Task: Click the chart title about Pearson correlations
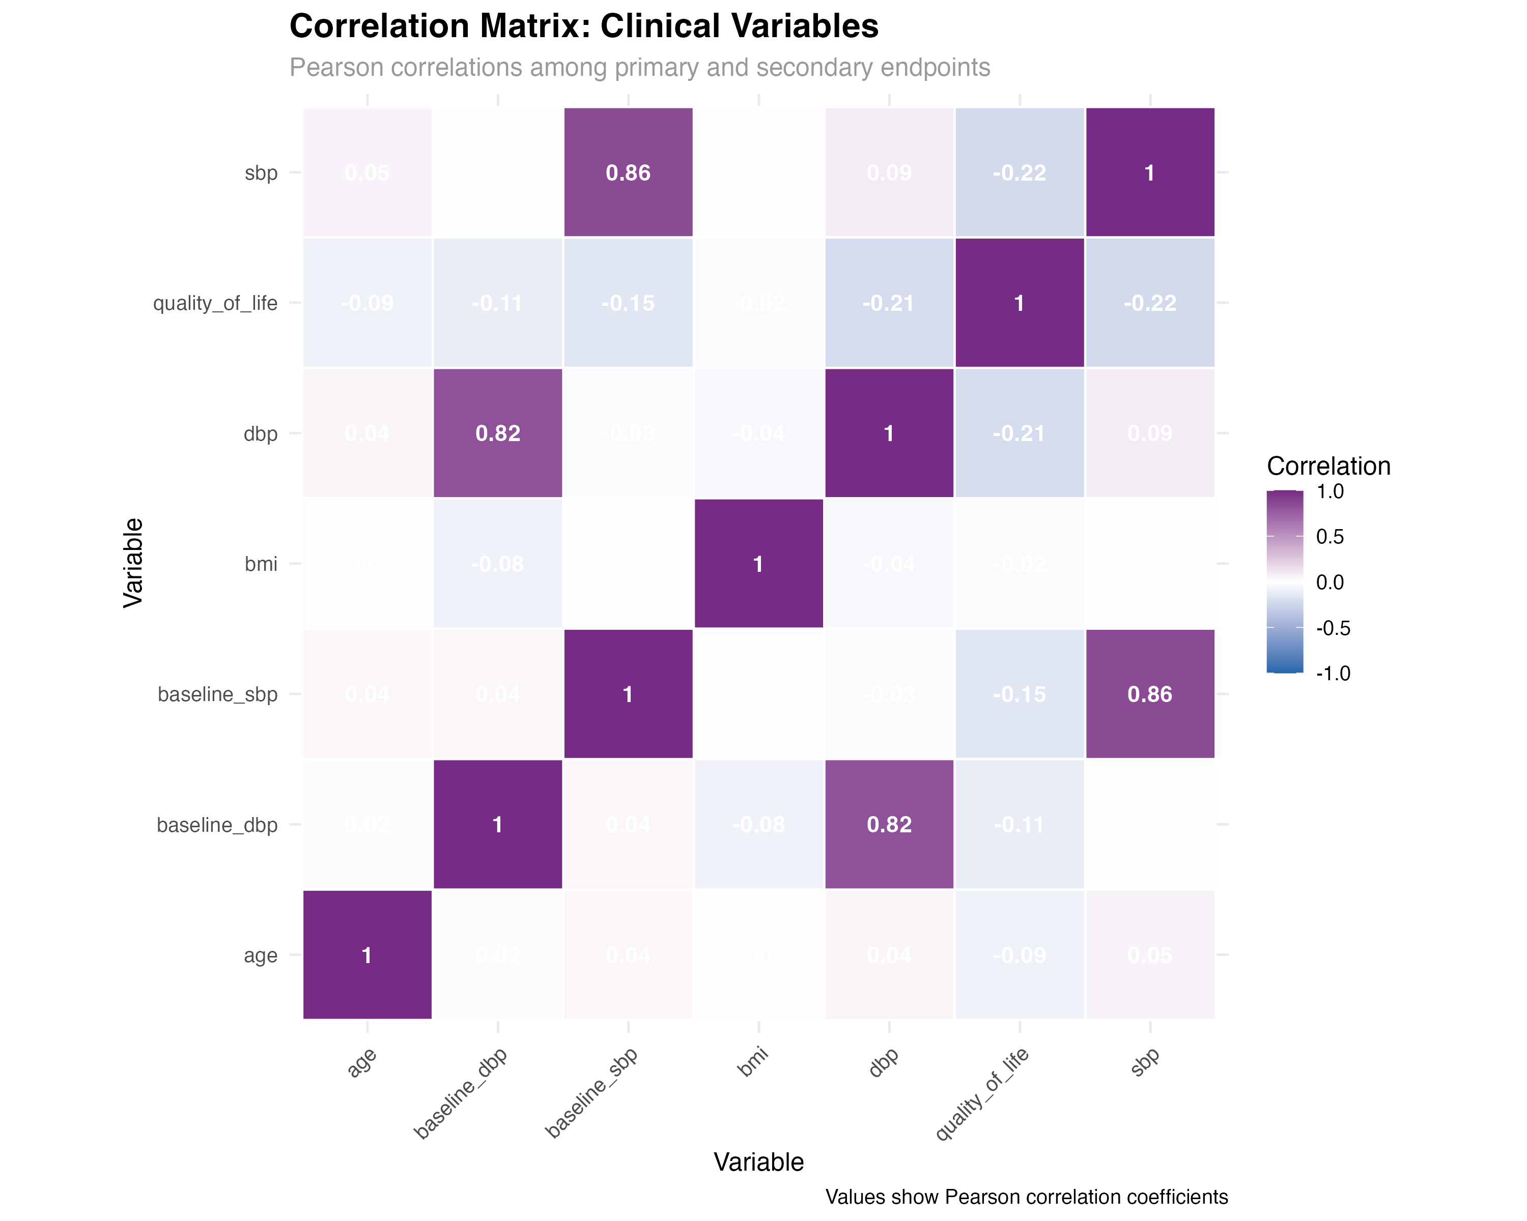(x=639, y=68)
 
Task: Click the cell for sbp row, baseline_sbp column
(x=628, y=172)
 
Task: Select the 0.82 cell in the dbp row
(x=498, y=432)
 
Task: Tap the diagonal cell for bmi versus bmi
(x=758, y=563)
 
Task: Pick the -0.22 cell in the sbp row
(x=1019, y=172)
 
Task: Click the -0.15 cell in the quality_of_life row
(x=628, y=302)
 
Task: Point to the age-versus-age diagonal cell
(x=367, y=955)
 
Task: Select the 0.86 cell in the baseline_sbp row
(x=1149, y=693)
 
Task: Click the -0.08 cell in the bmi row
(x=498, y=563)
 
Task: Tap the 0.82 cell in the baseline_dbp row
(x=889, y=824)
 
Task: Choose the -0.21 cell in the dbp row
(x=1019, y=432)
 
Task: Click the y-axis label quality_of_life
(x=215, y=303)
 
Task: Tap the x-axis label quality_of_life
(x=982, y=1094)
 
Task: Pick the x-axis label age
(x=362, y=1062)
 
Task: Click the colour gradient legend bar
(x=1284, y=581)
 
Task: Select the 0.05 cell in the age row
(x=1149, y=955)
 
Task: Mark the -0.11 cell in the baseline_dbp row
(x=1019, y=824)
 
